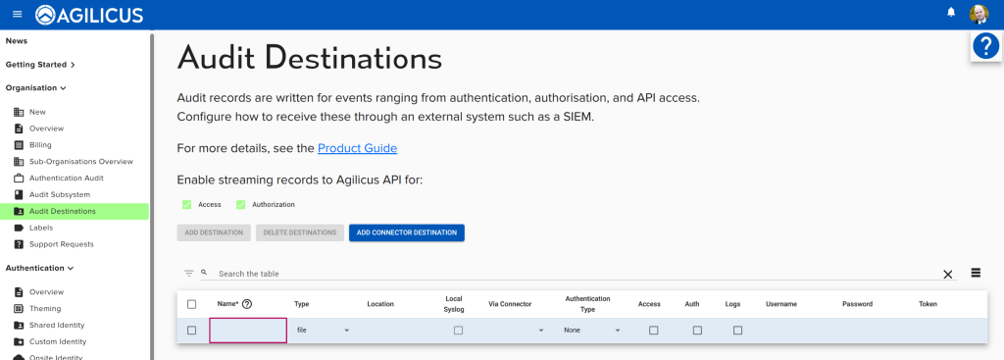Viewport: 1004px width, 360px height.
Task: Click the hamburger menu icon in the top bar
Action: [x=17, y=14]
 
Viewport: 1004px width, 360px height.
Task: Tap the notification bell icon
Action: [x=950, y=13]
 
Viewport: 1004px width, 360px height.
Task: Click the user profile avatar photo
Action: [x=979, y=14]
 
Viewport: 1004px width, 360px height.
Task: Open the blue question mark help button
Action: [x=985, y=46]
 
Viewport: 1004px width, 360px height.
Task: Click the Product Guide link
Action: [x=357, y=148]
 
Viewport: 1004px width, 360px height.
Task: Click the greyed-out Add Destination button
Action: [x=214, y=232]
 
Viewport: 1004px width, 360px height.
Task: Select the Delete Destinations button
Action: [x=299, y=232]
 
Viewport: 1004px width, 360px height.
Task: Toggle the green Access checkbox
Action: [x=186, y=204]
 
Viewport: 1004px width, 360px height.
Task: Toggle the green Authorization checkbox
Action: [x=240, y=204]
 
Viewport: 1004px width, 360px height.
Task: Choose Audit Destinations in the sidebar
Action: [x=63, y=211]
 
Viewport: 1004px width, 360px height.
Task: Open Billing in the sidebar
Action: [x=40, y=145]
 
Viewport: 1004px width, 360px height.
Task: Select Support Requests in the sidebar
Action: [x=61, y=244]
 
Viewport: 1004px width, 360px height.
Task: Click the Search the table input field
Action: [x=569, y=274]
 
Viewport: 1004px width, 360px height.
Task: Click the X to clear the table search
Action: [x=947, y=275]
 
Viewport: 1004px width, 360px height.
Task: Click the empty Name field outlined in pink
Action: [x=248, y=331]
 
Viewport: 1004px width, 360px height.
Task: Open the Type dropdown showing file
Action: [x=323, y=331]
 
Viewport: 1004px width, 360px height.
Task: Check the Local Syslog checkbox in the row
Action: [x=458, y=331]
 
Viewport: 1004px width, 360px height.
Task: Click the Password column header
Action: [x=857, y=304]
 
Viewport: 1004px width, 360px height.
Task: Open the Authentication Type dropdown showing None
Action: [x=591, y=331]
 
